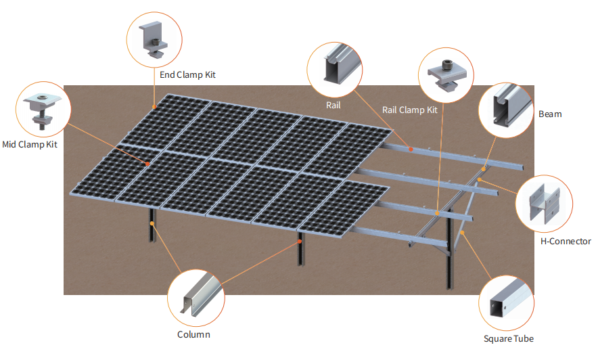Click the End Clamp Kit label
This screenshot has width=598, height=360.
click(x=187, y=74)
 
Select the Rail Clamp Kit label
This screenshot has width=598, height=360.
click(x=410, y=110)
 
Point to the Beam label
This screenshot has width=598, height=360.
click(x=549, y=114)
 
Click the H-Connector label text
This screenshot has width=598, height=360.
click(x=566, y=241)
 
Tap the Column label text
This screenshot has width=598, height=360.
click(x=193, y=334)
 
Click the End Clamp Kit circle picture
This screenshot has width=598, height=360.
click(x=154, y=40)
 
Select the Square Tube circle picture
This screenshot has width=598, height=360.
click(x=506, y=303)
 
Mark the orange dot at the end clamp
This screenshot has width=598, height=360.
click(x=154, y=106)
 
